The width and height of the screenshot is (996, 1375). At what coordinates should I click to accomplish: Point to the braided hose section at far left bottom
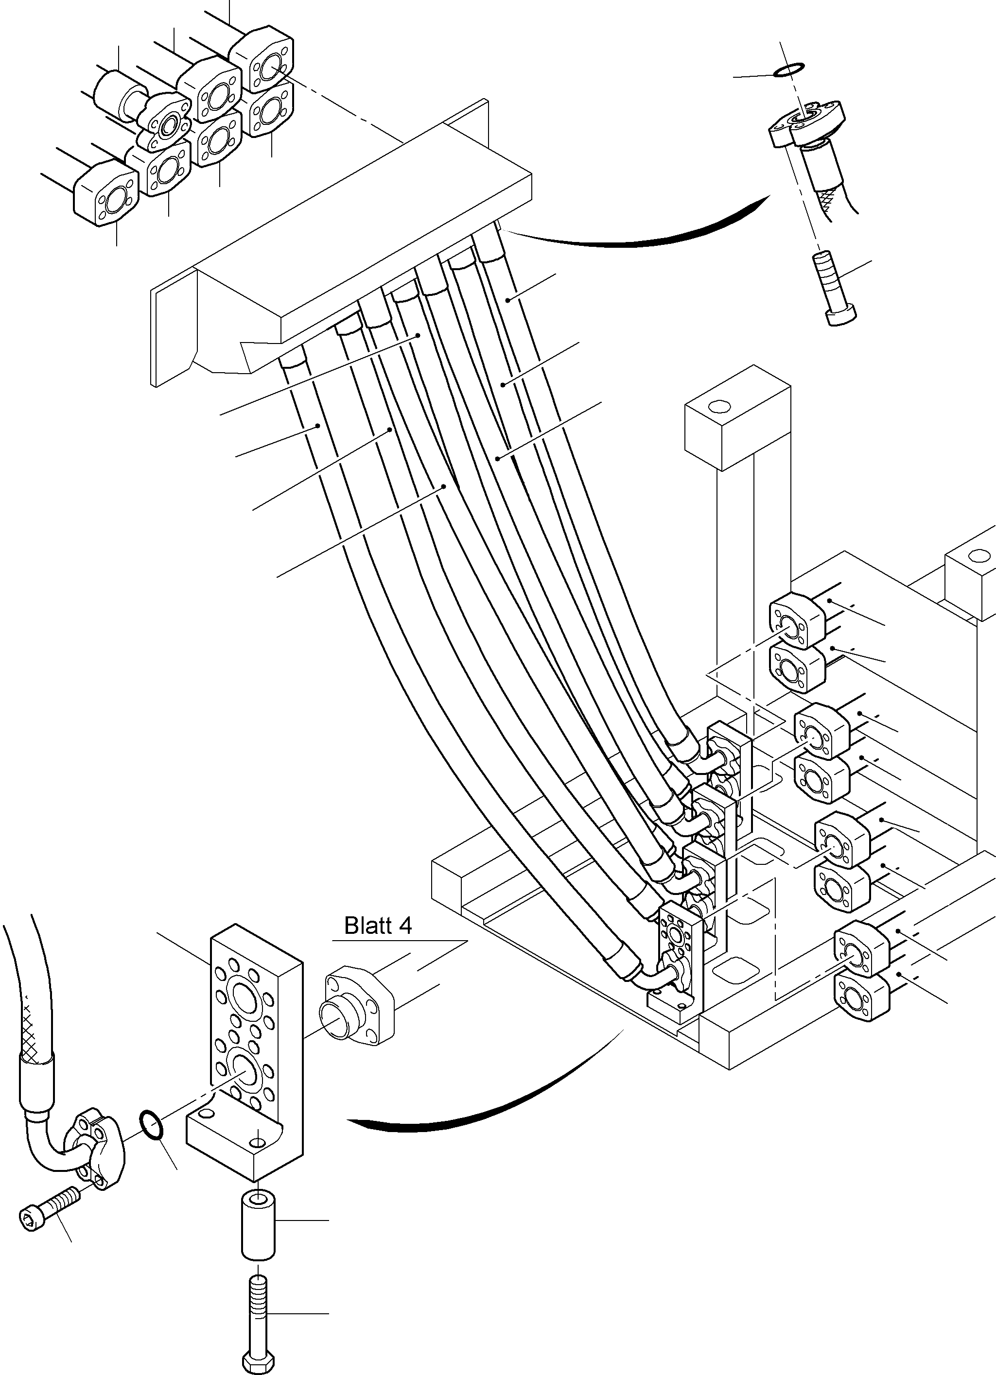tap(30, 1000)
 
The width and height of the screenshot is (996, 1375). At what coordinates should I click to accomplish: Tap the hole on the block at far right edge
tap(977, 555)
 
